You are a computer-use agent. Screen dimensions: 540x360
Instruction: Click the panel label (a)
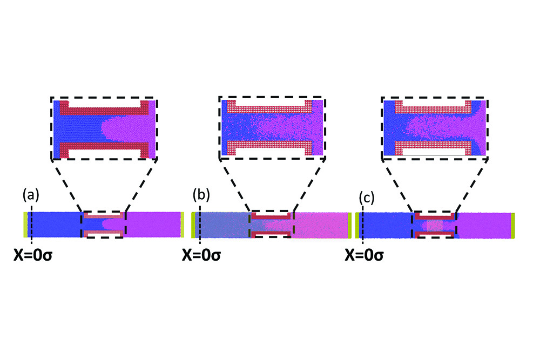(31, 195)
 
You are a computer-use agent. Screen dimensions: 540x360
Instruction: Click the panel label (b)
(201, 195)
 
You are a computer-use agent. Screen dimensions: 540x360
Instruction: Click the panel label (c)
(367, 198)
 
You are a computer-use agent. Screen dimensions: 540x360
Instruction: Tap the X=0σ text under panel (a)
(33, 255)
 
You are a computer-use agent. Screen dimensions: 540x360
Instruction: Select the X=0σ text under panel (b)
(201, 255)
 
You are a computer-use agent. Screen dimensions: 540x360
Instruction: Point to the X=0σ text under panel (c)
(364, 255)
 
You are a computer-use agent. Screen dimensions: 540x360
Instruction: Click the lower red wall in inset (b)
(269, 145)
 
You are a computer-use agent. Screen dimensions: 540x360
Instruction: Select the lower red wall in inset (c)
(433, 145)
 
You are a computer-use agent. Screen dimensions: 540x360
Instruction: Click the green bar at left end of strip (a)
(25, 225)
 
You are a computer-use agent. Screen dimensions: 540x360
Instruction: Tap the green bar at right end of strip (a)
(182, 225)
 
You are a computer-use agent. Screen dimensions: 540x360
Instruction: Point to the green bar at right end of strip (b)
(349, 226)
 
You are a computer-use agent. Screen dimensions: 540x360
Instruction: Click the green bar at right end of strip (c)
(513, 226)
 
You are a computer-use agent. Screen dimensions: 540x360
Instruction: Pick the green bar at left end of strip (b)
(193, 226)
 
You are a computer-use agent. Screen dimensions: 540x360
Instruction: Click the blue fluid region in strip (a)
(55, 225)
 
